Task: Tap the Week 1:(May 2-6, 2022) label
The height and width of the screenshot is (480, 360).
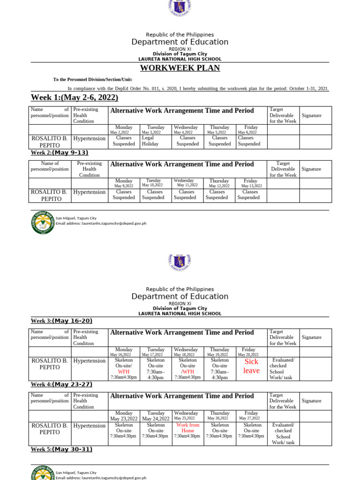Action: point(75,97)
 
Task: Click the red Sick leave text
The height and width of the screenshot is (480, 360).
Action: point(251,366)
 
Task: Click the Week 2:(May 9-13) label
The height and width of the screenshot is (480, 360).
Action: point(60,153)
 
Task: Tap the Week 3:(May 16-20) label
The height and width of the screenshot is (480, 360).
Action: point(61,321)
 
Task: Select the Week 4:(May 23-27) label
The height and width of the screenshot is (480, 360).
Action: point(61,385)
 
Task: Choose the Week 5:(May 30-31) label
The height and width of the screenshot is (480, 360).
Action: point(61,450)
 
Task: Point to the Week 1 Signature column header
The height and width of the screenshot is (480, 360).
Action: point(311,115)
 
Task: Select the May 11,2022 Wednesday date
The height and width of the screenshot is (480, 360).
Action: point(187,186)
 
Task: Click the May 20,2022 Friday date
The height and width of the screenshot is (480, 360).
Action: point(248,354)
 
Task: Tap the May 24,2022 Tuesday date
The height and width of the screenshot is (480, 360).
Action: point(156,419)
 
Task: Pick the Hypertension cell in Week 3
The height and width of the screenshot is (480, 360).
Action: point(90,361)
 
